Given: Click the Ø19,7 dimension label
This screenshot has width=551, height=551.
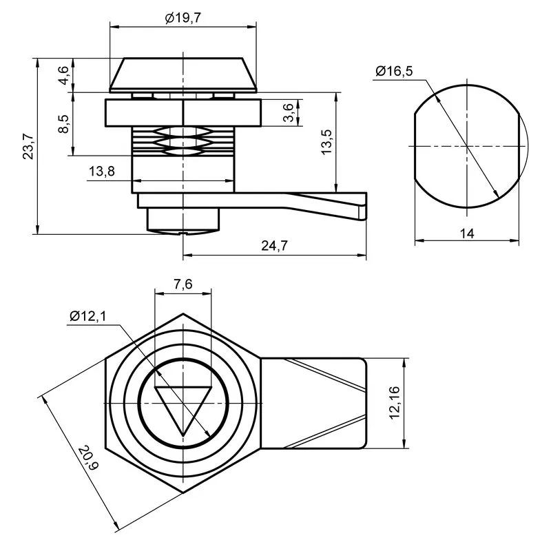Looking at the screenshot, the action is [x=183, y=18].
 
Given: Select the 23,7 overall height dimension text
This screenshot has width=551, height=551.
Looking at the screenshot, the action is [x=28, y=147].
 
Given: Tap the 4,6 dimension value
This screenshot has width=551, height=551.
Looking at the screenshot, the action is [x=63, y=75].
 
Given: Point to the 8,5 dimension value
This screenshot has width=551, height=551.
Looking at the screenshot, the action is [x=63, y=124].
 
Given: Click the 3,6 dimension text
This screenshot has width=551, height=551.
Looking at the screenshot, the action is [x=288, y=112].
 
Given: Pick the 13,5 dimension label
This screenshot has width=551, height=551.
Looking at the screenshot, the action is [x=326, y=142].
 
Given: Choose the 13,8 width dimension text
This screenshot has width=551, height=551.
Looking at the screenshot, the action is [x=101, y=171].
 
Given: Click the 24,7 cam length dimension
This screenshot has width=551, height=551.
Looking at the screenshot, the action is [x=274, y=246].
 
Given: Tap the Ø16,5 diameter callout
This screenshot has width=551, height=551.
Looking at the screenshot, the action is [x=394, y=71].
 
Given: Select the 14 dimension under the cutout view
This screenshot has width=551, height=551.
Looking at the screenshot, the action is [x=467, y=233].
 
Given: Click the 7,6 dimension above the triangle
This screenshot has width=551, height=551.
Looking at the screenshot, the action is [x=183, y=284].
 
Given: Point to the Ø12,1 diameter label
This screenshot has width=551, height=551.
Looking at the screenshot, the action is [x=87, y=316].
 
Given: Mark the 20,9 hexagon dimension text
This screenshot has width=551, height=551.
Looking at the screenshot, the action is [x=88, y=458].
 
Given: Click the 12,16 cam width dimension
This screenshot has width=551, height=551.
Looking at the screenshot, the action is [x=395, y=403].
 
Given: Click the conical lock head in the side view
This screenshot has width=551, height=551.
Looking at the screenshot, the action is [x=183, y=75].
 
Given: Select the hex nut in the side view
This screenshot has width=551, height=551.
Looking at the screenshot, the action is [x=183, y=113].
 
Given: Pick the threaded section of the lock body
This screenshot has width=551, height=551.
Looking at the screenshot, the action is [x=183, y=141].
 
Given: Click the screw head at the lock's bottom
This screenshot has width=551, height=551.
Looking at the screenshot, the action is [x=183, y=221].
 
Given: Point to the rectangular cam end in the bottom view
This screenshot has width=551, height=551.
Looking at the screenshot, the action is [x=314, y=404].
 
